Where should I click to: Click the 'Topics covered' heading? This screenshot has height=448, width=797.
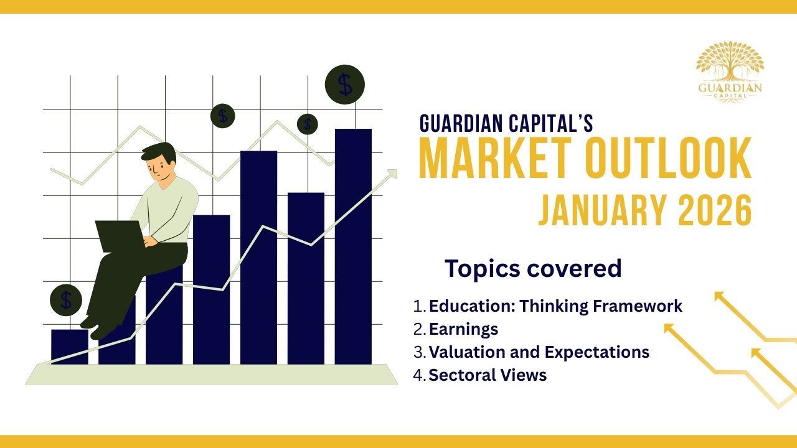click(533, 268)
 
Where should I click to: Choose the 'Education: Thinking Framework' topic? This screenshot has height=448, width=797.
click(555, 306)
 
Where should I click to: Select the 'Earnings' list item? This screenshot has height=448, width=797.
click(463, 329)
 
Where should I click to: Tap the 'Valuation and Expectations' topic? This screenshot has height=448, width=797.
click(539, 352)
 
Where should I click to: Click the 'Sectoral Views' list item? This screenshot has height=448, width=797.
click(488, 375)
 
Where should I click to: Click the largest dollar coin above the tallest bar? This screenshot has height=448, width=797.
click(345, 84)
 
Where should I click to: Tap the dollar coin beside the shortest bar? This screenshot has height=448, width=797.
click(66, 301)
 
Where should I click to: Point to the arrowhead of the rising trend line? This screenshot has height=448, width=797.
click(392, 174)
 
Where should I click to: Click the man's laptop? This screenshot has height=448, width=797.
click(118, 236)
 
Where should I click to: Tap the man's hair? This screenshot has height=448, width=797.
click(158, 151)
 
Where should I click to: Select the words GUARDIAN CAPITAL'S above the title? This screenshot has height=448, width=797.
click(506, 123)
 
